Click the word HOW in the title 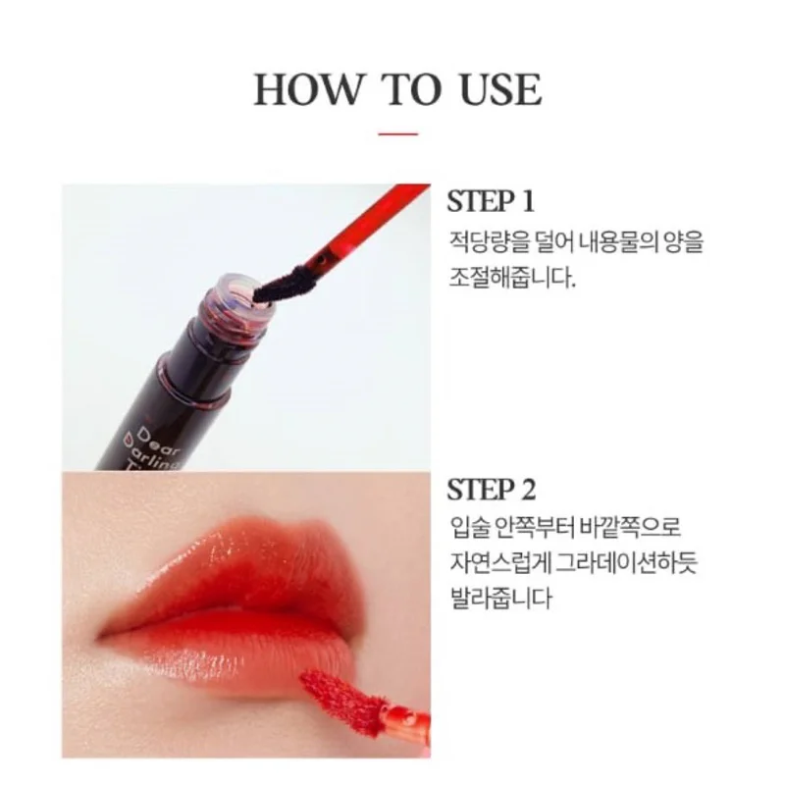point(307,90)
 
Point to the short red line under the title point(398,134)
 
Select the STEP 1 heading point(491,202)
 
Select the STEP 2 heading point(492,490)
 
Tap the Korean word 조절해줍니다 point(511,278)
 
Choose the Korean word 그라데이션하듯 point(627,562)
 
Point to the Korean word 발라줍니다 point(500,598)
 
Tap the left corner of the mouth point(98,636)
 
